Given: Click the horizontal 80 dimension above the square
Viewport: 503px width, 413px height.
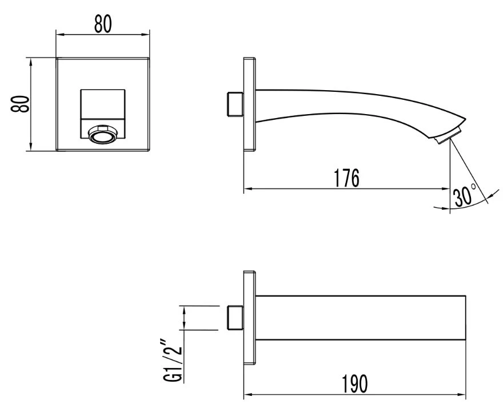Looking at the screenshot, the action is (103, 24).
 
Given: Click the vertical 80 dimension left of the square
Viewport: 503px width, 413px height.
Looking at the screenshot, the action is (20, 103).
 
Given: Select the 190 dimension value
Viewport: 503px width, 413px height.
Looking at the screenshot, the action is (355, 383).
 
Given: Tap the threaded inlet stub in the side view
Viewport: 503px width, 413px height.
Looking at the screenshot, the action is (235, 104).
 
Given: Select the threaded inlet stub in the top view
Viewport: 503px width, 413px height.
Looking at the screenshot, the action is (235, 318).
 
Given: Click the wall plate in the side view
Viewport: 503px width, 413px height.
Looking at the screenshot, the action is (250, 104).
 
